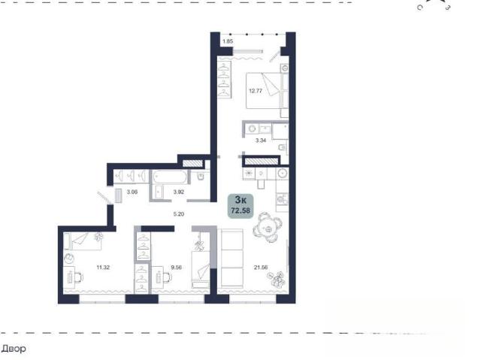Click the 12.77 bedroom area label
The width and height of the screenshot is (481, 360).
click(256, 91)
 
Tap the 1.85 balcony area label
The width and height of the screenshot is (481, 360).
click(228, 41)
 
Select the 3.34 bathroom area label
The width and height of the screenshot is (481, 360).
click(261, 141)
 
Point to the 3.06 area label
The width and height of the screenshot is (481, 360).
click(132, 192)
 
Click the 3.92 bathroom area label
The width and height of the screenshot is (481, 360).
click(179, 192)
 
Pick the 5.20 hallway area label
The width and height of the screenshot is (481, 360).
click(179, 214)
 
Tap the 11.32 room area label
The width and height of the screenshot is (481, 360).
click(103, 268)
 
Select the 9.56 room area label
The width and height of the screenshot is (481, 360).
click(177, 268)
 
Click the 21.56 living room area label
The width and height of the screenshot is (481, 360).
click(261, 268)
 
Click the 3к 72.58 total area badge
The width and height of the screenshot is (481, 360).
click(240, 206)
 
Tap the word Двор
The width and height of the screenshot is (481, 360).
click(14, 349)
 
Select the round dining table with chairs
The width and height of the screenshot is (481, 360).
click(268, 228)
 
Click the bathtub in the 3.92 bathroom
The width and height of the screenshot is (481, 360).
click(170, 177)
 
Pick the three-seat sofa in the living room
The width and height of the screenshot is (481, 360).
click(231, 258)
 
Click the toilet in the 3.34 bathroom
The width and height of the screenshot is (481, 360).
click(283, 148)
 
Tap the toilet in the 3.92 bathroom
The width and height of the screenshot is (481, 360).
click(201, 177)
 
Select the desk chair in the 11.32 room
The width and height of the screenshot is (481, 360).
click(79, 277)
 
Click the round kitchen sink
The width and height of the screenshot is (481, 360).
click(283, 174)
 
